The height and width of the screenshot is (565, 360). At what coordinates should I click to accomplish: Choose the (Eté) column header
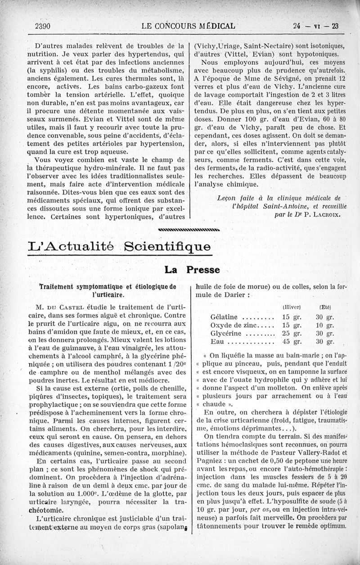325,307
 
